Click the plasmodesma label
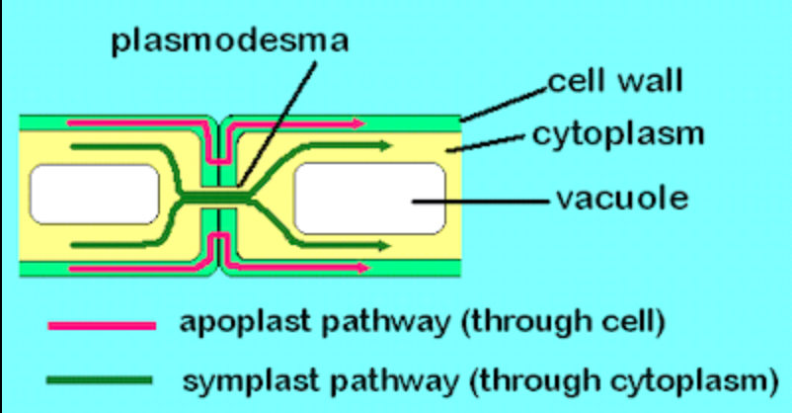[x=229, y=42]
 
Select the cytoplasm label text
[x=618, y=132]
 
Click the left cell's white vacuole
[x=94, y=194]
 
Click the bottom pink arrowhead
[x=361, y=268]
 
